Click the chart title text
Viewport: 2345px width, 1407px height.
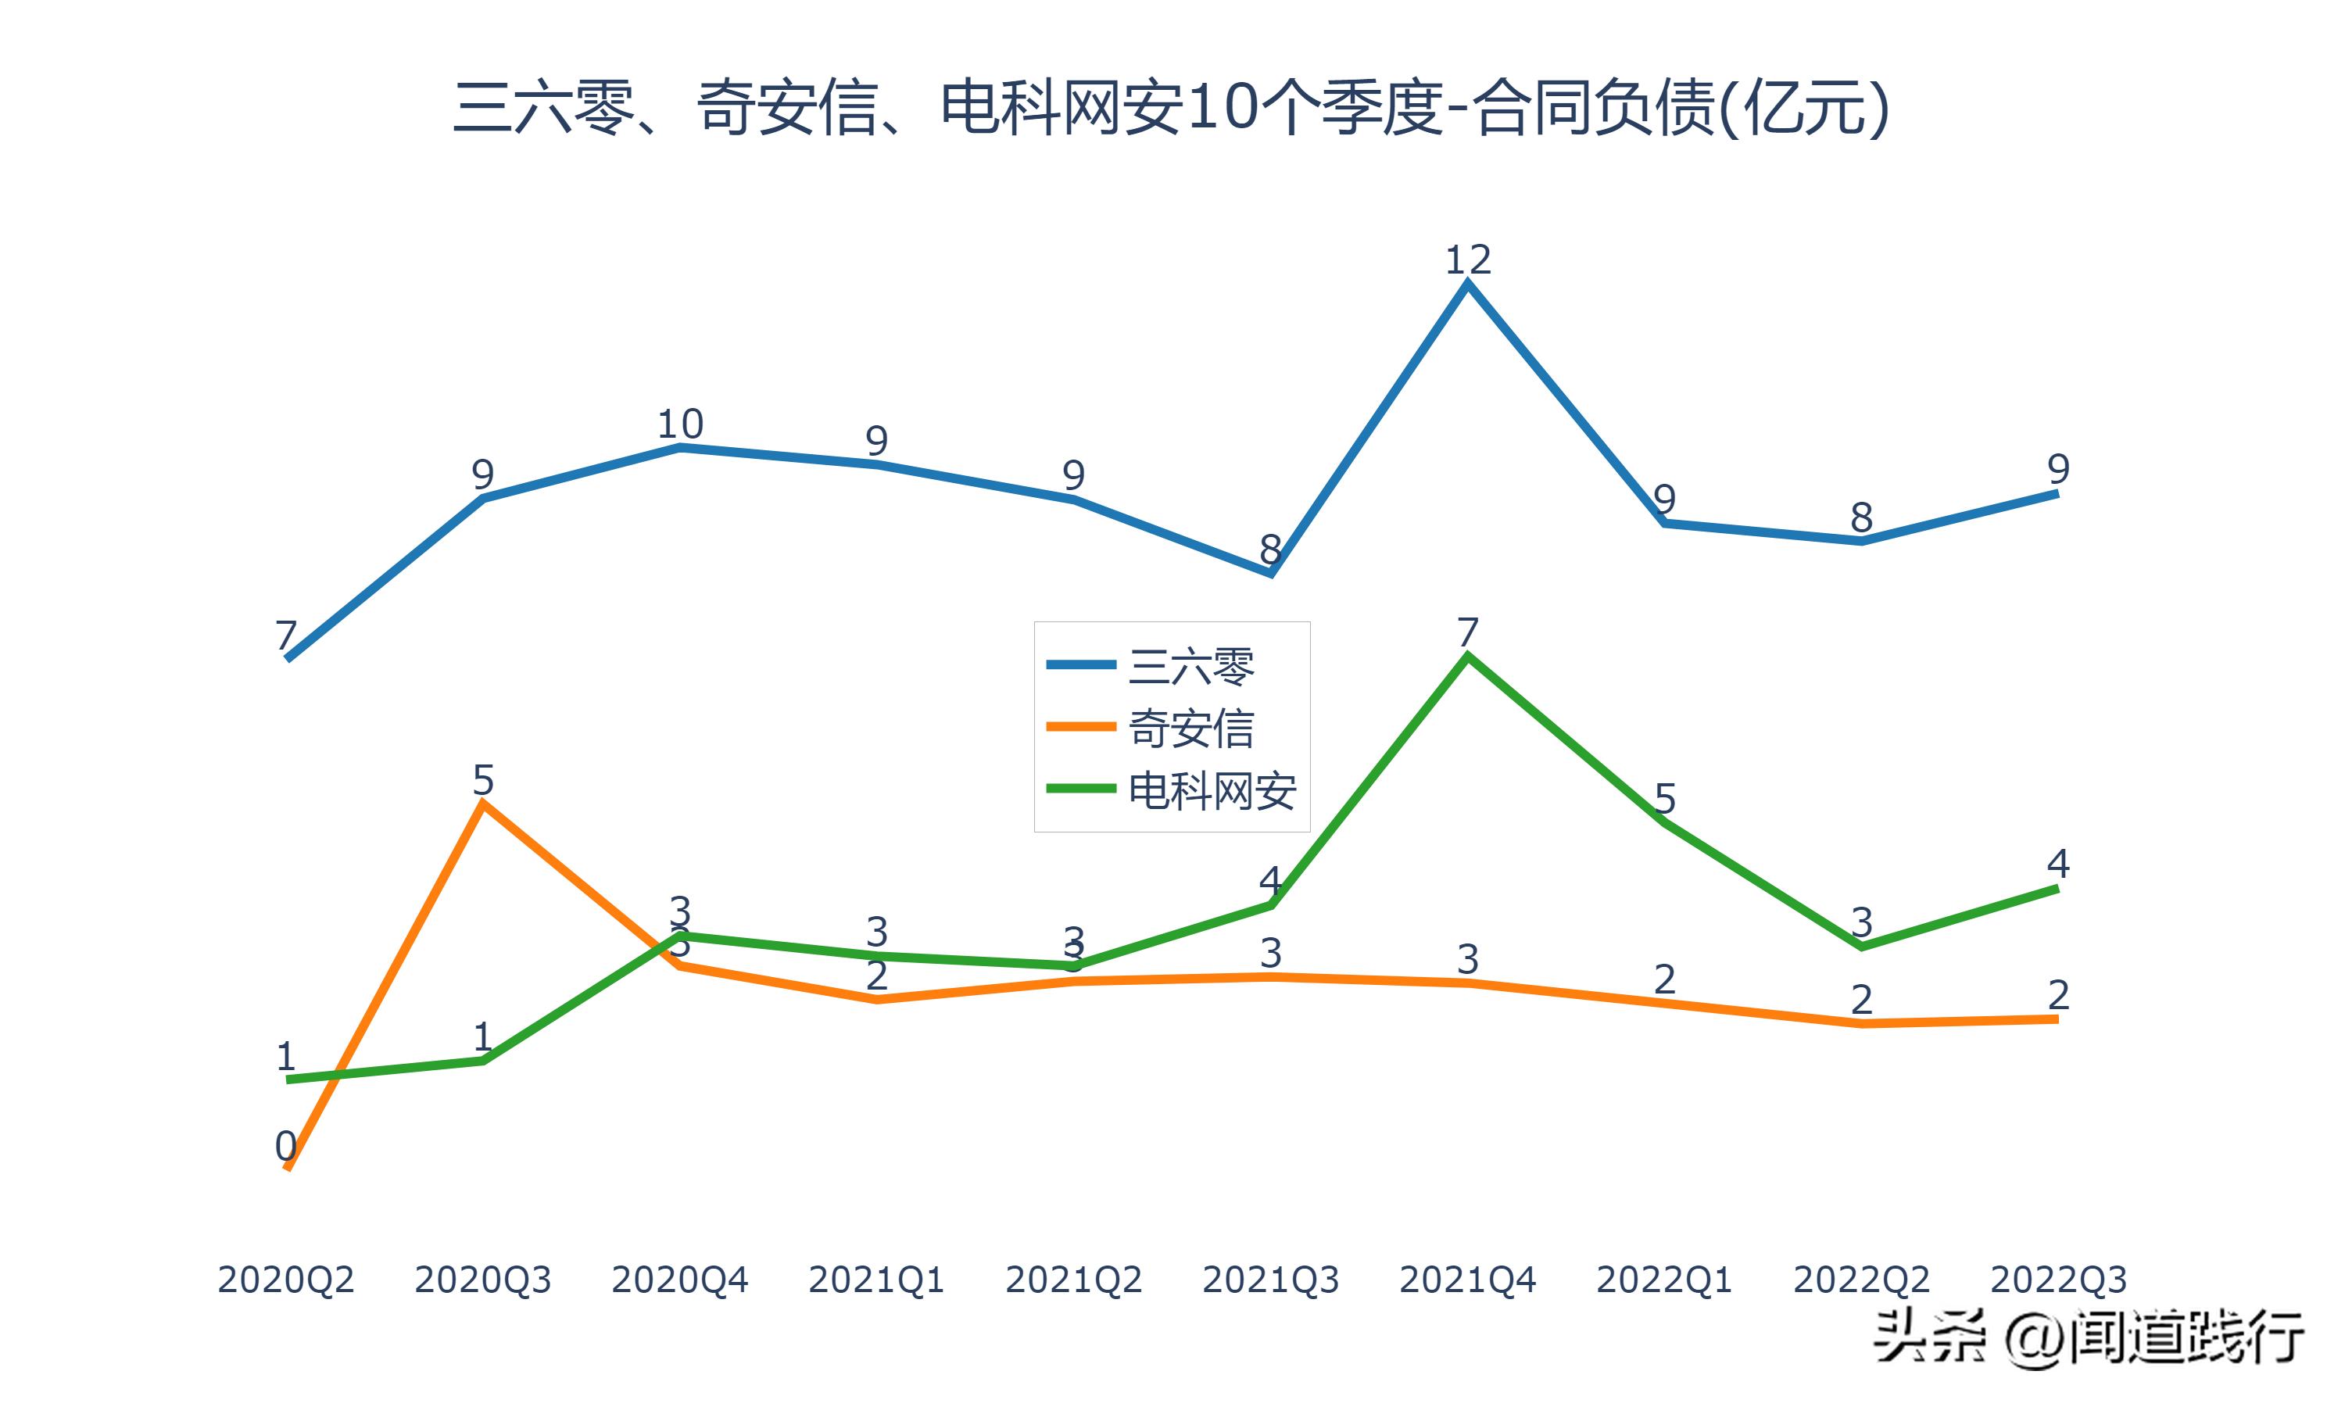click(x=1172, y=108)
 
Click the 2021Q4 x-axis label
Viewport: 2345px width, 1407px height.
click(x=1467, y=1280)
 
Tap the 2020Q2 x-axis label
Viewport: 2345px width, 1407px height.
click(x=285, y=1280)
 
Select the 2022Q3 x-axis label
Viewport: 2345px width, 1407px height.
click(x=2058, y=1280)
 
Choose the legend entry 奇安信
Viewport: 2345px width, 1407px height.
click(x=1190, y=729)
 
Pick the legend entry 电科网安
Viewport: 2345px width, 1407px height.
click(x=1212, y=789)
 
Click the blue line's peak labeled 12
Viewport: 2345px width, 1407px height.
click(x=1467, y=284)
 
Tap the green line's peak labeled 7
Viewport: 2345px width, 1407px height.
click(x=1467, y=656)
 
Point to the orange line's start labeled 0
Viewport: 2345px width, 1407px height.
click(x=287, y=1168)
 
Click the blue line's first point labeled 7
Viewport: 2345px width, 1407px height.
click(x=287, y=658)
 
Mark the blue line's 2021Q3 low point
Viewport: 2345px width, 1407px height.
click(x=1270, y=574)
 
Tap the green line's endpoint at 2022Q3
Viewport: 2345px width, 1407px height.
click(x=2056, y=889)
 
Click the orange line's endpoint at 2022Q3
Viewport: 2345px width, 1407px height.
click(x=2056, y=1019)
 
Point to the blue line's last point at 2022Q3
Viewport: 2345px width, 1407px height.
click(x=2056, y=493)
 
